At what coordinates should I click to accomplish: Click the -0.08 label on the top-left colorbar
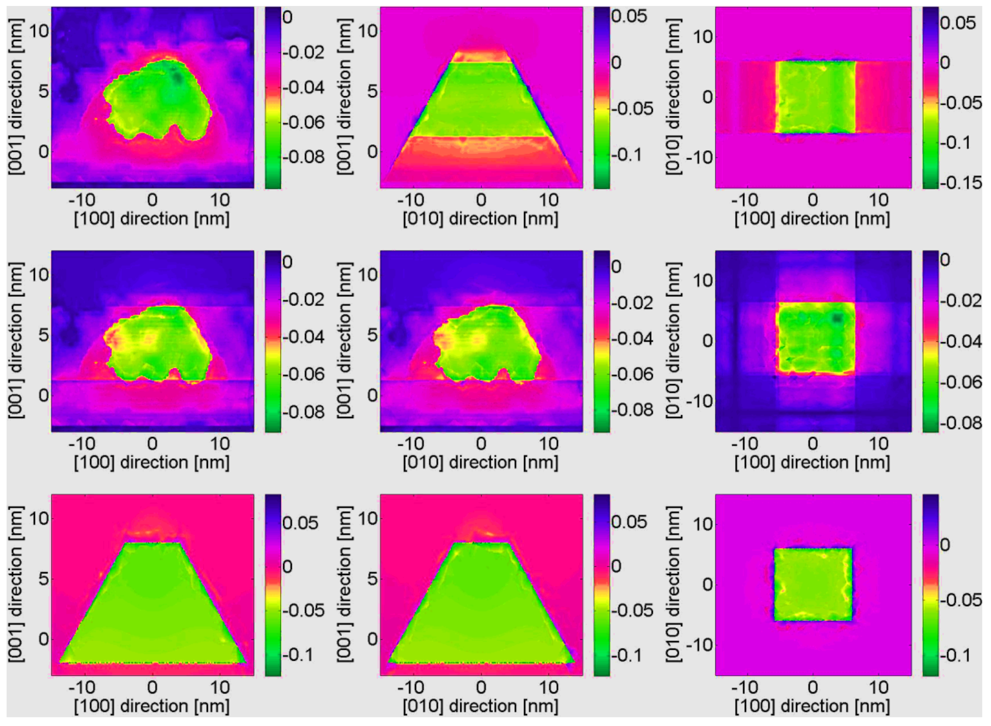point(303,156)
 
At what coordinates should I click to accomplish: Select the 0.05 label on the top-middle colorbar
point(629,16)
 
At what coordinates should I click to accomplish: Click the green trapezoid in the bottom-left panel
point(152,615)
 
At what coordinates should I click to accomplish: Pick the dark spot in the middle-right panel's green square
point(837,318)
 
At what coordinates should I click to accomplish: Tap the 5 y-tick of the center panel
point(372,335)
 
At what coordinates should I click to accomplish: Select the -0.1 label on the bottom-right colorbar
point(955,655)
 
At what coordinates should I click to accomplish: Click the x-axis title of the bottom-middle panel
point(480,706)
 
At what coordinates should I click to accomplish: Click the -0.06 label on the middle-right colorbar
point(960,382)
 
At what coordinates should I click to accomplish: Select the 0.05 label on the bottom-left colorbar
point(300,523)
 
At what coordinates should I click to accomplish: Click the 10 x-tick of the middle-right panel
point(878,444)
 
